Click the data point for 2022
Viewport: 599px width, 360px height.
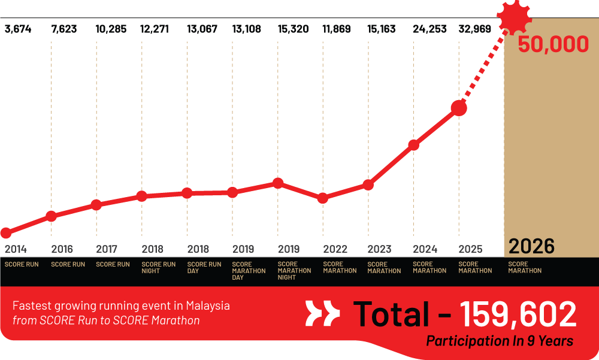click(x=323, y=198)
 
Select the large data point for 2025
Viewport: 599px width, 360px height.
click(x=459, y=108)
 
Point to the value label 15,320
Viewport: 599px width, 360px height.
click(x=294, y=29)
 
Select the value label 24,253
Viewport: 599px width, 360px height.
click(x=429, y=29)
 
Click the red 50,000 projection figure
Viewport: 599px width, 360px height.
click(x=553, y=45)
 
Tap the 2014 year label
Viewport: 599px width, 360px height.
click(x=16, y=249)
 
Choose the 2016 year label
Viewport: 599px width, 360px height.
click(x=62, y=249)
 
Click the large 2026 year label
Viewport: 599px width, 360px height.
click(x=531, y=246)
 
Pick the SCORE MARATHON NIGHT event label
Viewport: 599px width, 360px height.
click(x=294, y=271)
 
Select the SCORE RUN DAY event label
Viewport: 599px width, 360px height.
click(x=204, y=267)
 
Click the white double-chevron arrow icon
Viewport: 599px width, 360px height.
click(x=322, y=314)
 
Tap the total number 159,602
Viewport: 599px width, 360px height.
click(x=518, y=314)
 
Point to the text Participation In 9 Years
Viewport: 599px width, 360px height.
click(x=500, y=341)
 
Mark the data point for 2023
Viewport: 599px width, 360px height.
click(x=368, y=185)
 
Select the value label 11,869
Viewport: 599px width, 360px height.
click(x=340, y=29)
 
